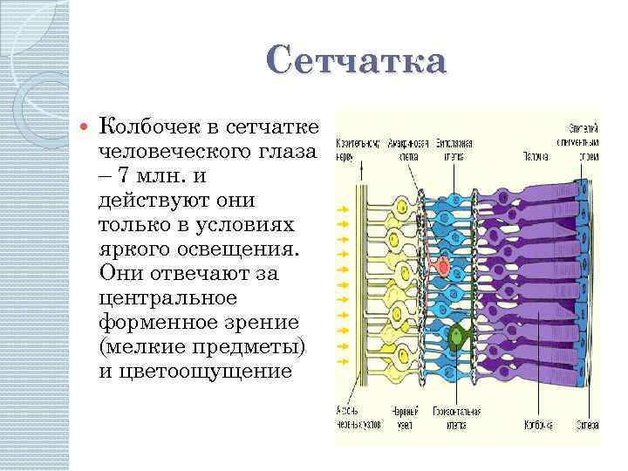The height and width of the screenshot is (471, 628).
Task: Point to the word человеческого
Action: tap(179, 153)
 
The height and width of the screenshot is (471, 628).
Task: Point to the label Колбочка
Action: tap(538, 425)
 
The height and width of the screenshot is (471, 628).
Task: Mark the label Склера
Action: tap(585, 425)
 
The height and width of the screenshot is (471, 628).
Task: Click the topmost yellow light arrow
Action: tap(343, 210)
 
